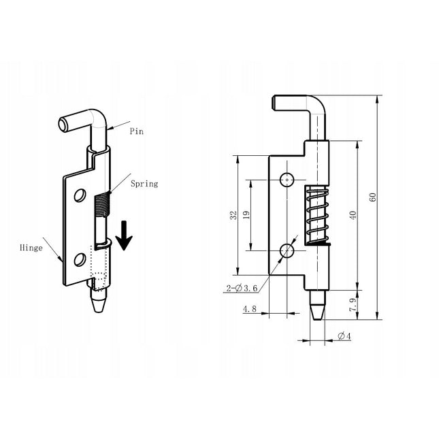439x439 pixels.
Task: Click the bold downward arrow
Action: [124, 234]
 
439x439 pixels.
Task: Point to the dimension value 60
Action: [372, 197]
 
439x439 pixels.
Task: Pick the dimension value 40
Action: [353, 215]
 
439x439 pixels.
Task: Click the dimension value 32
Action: [233, 215]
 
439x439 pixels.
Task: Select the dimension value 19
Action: [246, 215]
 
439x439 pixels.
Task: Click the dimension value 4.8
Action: [249, 309]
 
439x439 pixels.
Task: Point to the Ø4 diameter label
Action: [344, 336]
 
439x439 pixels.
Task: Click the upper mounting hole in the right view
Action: [287, 180]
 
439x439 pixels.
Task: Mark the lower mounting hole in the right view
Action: [287, 251]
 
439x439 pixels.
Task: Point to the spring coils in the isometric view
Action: [100, 204]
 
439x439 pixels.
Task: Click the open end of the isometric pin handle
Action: [63, 125]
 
